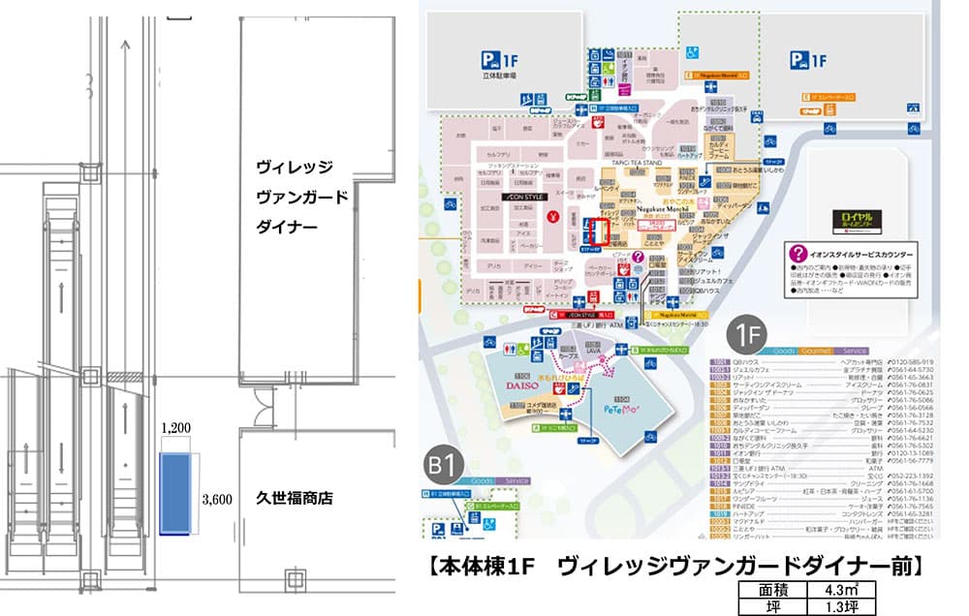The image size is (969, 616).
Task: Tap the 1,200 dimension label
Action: pos(175,426)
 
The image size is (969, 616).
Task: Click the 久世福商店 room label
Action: pos(294,499)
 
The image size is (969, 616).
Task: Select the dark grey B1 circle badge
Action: pos(444,468)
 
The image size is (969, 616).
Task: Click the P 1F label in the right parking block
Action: pos(807,61)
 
